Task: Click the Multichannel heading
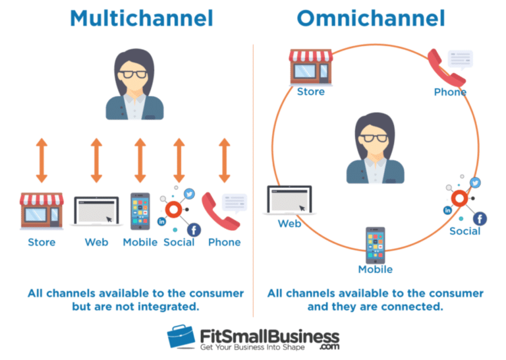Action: click(142, 18)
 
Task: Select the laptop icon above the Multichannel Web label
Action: click(96, 211)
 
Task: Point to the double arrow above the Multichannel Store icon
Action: click(42, 160)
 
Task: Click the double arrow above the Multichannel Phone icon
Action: click(225, 160)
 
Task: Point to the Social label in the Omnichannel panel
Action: click(465, 231)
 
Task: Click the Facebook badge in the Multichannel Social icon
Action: click(194, 229)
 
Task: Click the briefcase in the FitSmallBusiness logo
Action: click(181, 337)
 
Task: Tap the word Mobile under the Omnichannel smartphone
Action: click(376, 270)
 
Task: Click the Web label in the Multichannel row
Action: click(96, 242)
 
